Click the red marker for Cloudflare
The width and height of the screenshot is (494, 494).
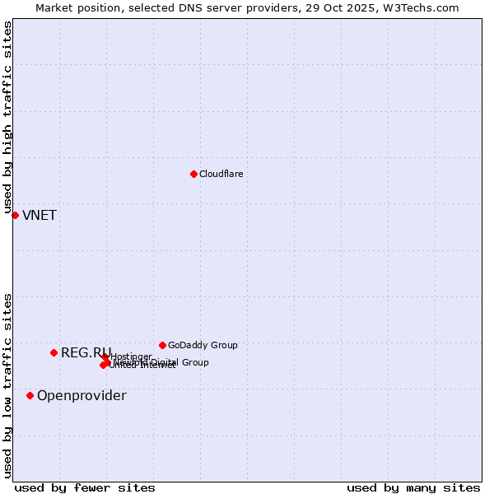click(193, 174)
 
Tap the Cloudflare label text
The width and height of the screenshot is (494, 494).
click(221, 174)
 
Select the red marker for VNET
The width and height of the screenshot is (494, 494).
click(15, 215)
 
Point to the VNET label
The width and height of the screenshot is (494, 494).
click(40, 216)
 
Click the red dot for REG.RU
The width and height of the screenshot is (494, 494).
click(54, 352)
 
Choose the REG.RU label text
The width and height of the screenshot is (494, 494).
click(86, 353)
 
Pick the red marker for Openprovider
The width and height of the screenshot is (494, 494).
click(30, 395)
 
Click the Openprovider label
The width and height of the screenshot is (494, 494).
click(82, 396)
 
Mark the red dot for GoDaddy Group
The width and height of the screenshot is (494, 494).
click(162, 345)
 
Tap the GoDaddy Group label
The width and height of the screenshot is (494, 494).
click(203, 345)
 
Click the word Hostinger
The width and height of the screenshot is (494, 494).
click(131, 357)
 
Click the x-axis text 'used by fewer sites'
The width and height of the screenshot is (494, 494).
click(85, 487)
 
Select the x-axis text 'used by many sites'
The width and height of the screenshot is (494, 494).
click(412, 487)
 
